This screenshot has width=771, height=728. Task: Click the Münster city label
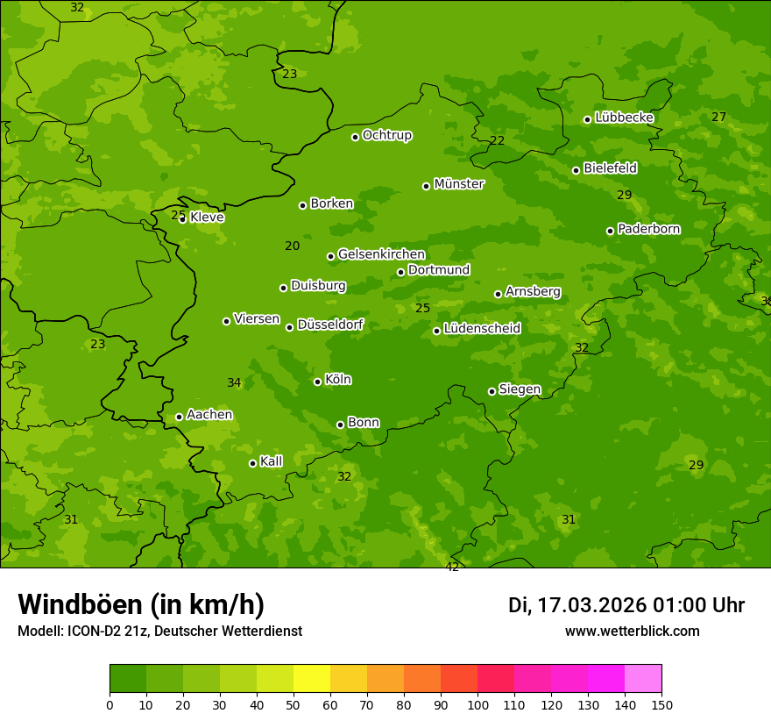(x=458, y=184)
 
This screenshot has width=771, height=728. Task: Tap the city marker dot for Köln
(x=317, y=382)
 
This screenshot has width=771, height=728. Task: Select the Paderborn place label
(x=648, y=229)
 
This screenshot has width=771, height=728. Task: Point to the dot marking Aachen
(x=179, y=417)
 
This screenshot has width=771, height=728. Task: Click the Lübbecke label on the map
(x=624, y=118)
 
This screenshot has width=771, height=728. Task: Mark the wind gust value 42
(x=452, y=567)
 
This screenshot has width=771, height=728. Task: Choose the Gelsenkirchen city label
(x=381, y=254)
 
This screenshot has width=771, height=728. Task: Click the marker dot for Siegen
(x=492, y=391)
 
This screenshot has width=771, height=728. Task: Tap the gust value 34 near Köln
(x=234, y=382)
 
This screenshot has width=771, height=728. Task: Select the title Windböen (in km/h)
(x=141, y=604)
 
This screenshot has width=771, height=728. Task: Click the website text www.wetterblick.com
(x=632, y=631)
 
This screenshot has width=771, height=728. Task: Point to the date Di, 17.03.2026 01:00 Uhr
(x=626, y=605)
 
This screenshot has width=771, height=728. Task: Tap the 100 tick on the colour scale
(x=477, y=704)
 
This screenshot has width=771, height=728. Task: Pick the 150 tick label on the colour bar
(x=661, y=704)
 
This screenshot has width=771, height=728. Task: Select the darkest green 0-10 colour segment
(x=128, y=679)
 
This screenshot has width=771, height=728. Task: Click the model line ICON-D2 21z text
(x=159, y=631)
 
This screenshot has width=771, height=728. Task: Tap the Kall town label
(x=271, y=461)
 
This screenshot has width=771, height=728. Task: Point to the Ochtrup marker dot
(x=355, y=137)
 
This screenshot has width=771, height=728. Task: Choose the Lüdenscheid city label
(x=482, y=329)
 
